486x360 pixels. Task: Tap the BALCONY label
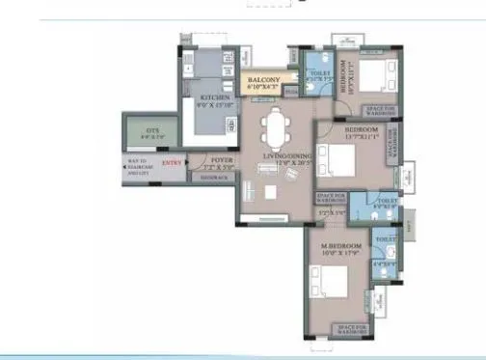click(263, 80)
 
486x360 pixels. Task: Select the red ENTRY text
click(172, 164)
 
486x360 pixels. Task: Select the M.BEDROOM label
click(339, 246)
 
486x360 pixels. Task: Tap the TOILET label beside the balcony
click(317, 71)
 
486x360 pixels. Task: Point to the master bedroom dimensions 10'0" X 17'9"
click(339, 255)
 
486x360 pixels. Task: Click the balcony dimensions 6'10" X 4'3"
click(263, 88)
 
